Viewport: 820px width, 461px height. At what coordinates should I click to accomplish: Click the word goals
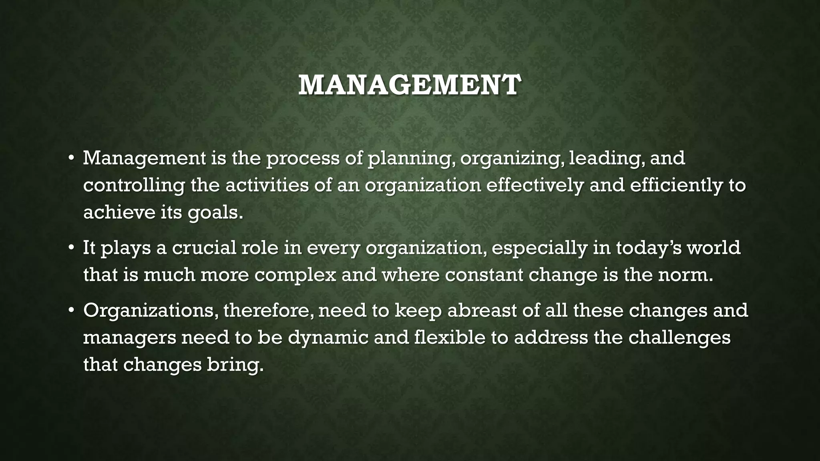click(x=215, y=213)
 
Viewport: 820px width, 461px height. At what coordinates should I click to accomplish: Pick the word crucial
click(x=204, y=248)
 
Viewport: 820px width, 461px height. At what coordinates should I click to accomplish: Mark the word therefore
click(x=268, y=311)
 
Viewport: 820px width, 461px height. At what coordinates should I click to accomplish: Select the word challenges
click(x=679, y=338)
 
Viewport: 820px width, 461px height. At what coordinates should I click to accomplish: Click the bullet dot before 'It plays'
click(x=71, y=248)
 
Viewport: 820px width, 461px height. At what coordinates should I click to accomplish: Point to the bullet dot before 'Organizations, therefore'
click(x=71, y=311)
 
